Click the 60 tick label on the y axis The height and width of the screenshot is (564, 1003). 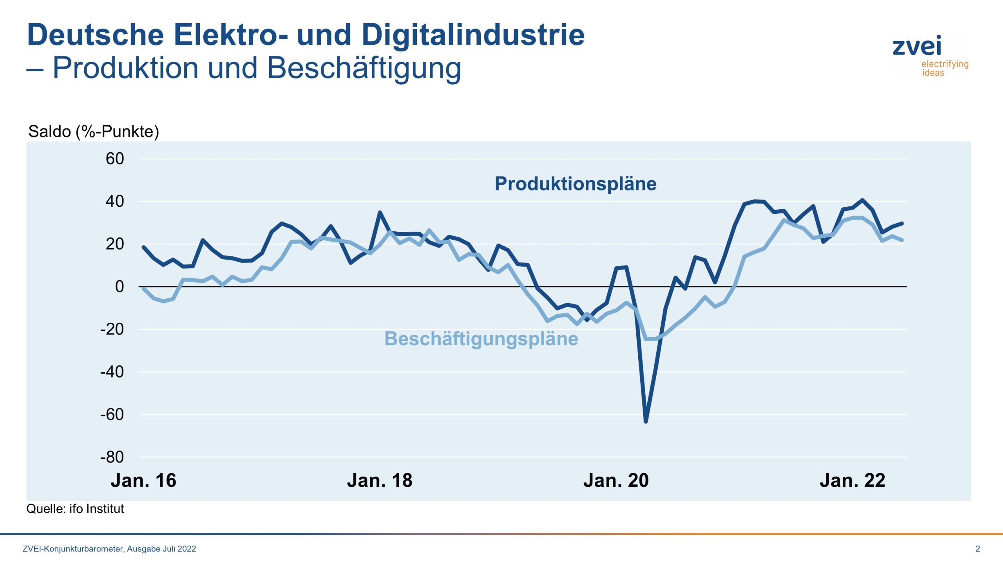[114, 159]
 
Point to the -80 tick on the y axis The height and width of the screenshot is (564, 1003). [112, 457]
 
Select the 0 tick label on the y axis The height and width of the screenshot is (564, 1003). [119, 287]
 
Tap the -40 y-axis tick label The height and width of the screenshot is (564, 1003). [112, 372]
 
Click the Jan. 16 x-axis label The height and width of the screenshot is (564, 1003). [143, 481]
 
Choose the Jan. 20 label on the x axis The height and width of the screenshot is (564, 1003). [616, 481]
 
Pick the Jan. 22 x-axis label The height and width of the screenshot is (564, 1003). [852, 481]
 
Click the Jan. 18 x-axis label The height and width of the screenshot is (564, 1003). [380, 481]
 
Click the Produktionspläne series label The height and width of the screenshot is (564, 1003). [576, 184]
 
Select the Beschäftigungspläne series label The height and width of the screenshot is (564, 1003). [481, 339]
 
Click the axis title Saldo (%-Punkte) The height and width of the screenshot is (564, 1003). [94, 132]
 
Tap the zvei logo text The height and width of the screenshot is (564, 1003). [917, 46]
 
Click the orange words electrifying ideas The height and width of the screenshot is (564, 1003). [944, 69]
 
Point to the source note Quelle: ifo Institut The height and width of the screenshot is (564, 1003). [75, 509]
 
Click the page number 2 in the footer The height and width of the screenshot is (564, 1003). [978, 549]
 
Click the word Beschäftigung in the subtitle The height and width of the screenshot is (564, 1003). [364, 68]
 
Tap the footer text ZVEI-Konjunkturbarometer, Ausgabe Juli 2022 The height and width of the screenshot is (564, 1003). [109, 549]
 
